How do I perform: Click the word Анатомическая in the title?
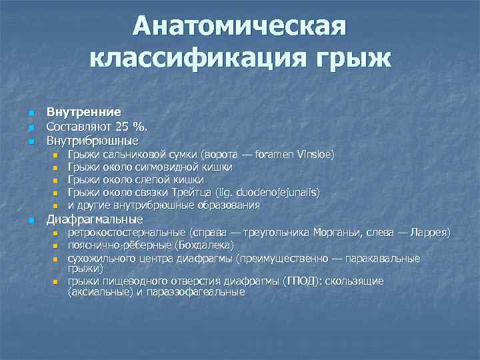240,28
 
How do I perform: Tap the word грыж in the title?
347,61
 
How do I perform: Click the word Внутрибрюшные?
92,141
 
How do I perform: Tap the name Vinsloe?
316,155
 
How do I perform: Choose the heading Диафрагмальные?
94,219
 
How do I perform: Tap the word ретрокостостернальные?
125,233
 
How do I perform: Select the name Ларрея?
432,233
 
